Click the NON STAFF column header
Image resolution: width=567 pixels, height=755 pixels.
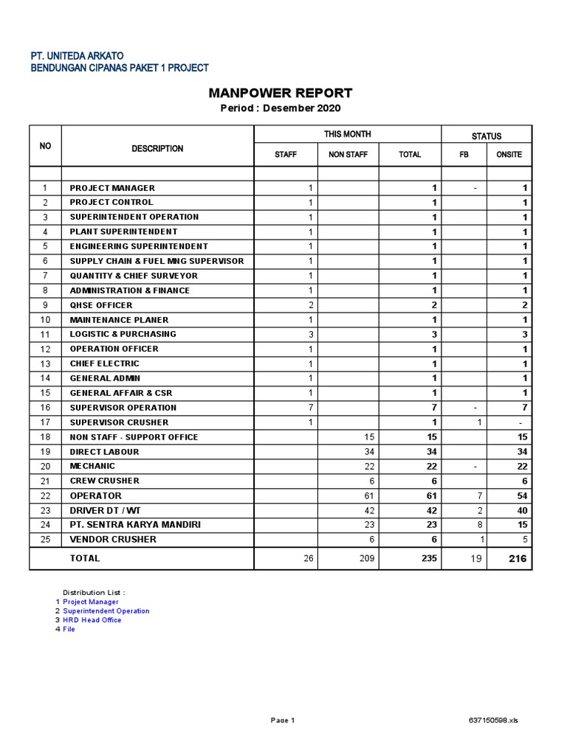tap(347, 155)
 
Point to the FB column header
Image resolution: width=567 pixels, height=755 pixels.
tap(464, 155)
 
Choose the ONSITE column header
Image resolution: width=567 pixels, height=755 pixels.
tap(509, 155)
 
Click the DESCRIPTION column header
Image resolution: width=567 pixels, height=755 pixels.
tap(157, 149)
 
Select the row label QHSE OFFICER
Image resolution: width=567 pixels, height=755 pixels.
tap(101, 305)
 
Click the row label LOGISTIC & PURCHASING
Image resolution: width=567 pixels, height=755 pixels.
tap(123, 334)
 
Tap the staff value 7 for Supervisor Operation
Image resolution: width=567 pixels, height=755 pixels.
tap(310, 408)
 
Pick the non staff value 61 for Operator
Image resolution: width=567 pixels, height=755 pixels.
tap(370, 496)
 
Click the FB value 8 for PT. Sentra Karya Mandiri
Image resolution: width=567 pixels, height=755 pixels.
tap(479, 525)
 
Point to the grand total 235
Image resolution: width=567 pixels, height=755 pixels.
tap(428, 559)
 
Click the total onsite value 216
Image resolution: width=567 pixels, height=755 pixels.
tap(518, 559)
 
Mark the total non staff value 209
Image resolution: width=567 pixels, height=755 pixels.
tap(367, 559)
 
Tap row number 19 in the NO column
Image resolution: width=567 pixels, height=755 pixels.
tap(45, 452)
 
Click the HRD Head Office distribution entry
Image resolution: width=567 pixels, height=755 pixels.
tap(92, 620)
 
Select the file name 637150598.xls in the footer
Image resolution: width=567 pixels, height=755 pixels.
tap(493, 720)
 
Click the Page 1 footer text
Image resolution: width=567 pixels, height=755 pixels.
tap(283, 720)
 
